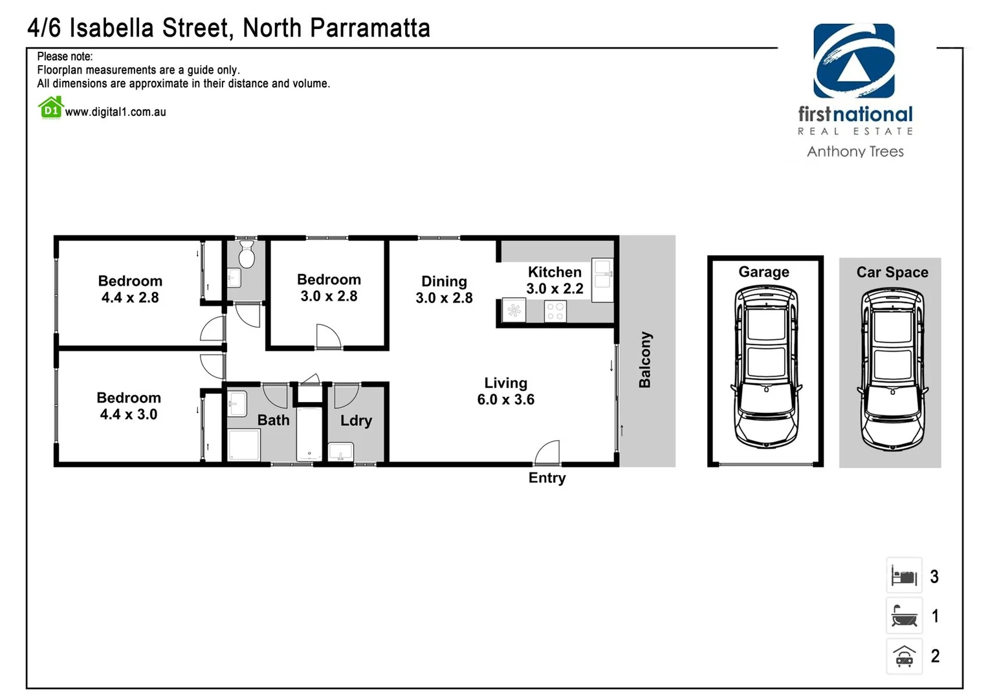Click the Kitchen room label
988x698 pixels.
pos(554,272)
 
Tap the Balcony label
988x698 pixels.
pos(645,360)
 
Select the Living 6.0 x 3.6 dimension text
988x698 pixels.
pos(506,399)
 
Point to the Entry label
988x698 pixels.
pos(547,478)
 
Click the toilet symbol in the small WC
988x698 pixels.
pos(247,255)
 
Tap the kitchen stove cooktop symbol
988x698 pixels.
pos(555,312)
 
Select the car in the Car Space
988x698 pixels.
pos(892,369)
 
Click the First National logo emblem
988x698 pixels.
pos(854,61)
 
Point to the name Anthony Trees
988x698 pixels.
pos(855,151)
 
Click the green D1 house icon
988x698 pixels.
pos(50,108)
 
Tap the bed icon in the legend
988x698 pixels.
pos(904,575)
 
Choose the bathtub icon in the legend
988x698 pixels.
pos(904,615)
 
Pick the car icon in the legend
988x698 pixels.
pos(904,656)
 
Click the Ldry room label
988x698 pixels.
pos(356,421)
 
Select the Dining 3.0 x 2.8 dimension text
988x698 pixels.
pos(444,298)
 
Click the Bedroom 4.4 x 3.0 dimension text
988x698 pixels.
pos(129,414)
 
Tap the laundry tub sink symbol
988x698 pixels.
pos(340,451)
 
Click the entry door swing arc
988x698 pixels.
pos(548,451)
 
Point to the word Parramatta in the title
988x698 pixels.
pos(369,28)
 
